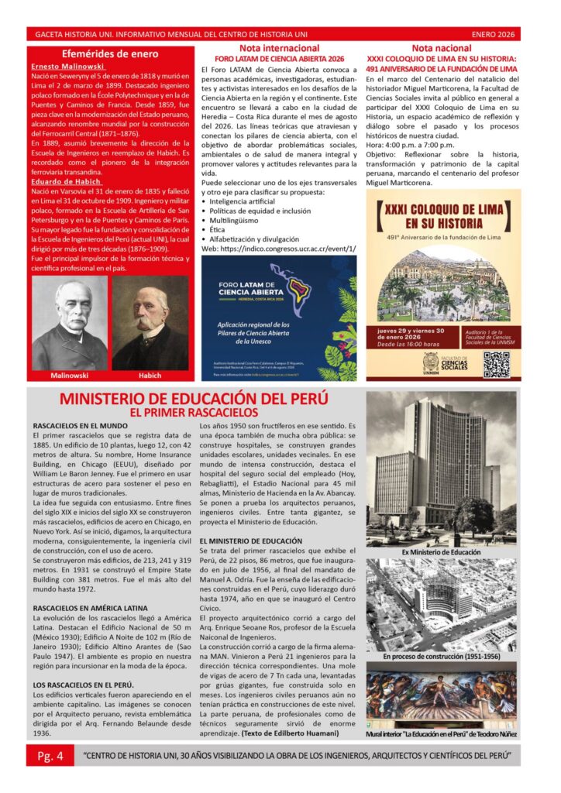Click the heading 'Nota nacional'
tap(441, 49)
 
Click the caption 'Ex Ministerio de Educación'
tap(441, 552)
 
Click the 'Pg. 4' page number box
tap(50, 754)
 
